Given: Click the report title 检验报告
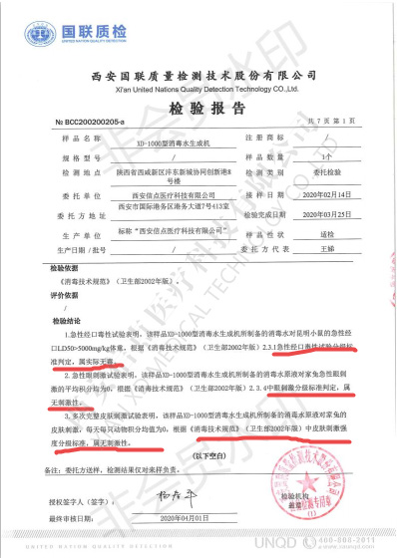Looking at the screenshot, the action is tap(198, 108).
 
